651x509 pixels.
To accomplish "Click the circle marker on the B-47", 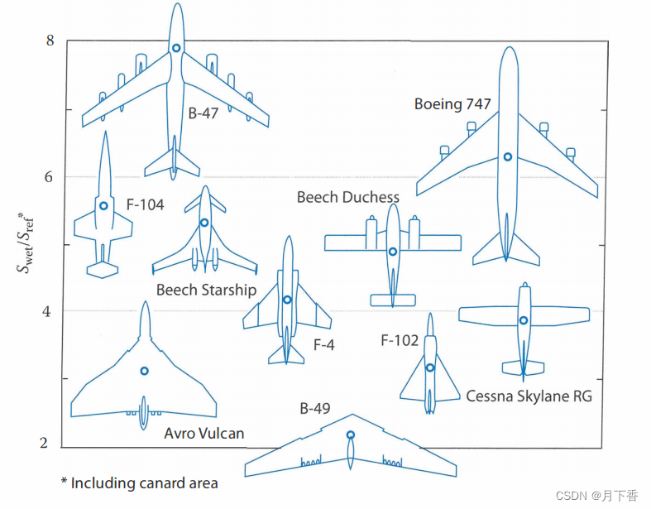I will (x=176, y=48).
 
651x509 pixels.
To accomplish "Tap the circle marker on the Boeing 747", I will (x=507, y=156).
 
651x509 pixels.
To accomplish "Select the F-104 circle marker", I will (x=103, y=205).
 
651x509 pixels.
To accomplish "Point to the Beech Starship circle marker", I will (x=204, y=222).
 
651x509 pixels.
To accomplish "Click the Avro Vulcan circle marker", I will (x=144, y=371).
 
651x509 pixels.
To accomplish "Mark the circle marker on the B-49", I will (x=351, y=435).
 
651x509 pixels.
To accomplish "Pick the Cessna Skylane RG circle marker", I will (x=523, y=320).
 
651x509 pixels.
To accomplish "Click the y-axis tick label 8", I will (x=50, y=41).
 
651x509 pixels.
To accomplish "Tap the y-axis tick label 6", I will (x=50, y=177).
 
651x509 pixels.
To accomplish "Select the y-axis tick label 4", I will (x=50, y=311).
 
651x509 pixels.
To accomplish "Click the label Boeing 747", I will (x=452, y=104).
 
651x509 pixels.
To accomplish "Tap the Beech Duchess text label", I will (x=347, y=197).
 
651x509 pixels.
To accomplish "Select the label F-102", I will (x=400, y=340).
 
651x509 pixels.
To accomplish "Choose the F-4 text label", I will (x=323, y=345).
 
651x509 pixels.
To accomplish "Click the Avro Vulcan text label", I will (x=203, y=433).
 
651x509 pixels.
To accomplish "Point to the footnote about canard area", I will (x=139, y=483).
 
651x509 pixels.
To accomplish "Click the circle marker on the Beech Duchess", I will (x=393, y=252).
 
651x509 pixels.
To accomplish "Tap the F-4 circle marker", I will (x=287, y=300).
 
